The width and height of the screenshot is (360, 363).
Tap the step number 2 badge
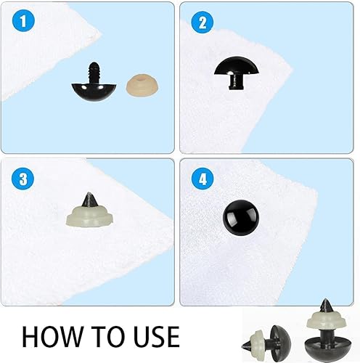tap(198, 21)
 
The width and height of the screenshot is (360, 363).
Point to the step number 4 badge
tap(198, 176)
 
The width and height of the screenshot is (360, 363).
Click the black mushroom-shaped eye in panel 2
tap(240, 69)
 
